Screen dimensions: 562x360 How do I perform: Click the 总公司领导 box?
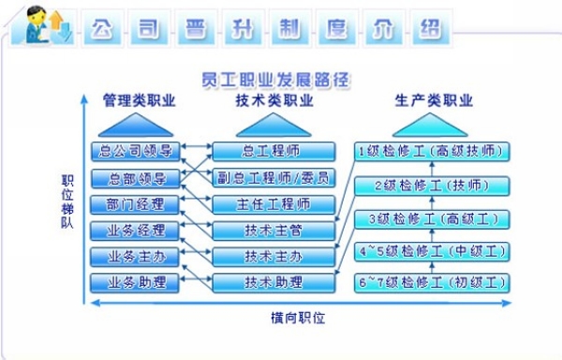[135, 151]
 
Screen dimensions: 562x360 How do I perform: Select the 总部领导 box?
[135, 178]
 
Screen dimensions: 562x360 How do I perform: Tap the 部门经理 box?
[135, 204]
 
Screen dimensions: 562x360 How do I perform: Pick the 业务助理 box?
[135, 283]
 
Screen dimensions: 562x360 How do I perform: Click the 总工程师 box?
[274, 151]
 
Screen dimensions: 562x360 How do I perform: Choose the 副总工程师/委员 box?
[274, 178]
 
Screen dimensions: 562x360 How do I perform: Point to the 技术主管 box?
[274, 231]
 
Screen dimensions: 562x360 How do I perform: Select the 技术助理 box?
[274, 283]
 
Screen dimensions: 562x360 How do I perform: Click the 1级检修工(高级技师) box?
[432, 152]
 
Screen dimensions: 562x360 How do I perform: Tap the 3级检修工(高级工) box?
[432, 219]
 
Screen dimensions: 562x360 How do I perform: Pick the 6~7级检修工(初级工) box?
[432, 283]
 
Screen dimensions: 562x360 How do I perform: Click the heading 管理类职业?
[139, 100]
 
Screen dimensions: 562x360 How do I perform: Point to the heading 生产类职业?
[434, 100]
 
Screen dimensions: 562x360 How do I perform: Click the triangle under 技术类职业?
[274, 125]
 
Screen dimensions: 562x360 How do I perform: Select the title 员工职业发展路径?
[275, 80]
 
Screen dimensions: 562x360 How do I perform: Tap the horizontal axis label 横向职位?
[298, 318]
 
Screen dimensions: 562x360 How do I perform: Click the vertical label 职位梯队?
[67, 202]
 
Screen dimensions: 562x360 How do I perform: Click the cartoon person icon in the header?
[37, 25]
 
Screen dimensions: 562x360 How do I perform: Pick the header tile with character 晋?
[196, 28]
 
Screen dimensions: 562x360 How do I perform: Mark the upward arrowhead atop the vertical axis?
[84, 98]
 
